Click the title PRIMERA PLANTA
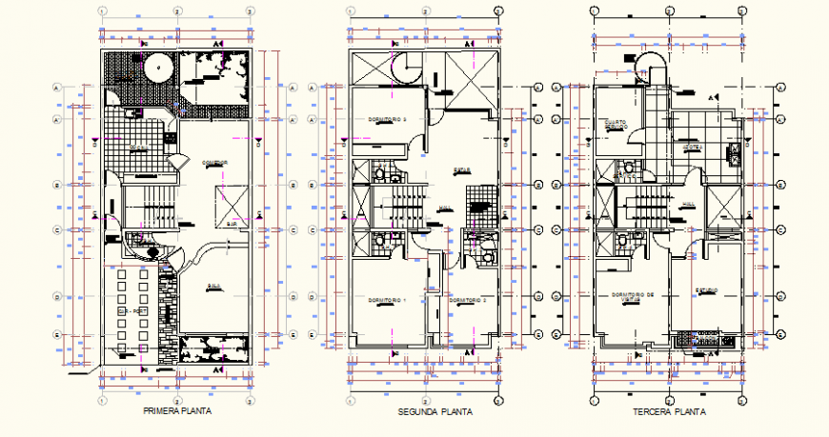(176, 412)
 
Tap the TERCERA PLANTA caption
(669, 413)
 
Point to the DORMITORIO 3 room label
(388, 120)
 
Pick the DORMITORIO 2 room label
(468, 301)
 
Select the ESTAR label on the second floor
(464, 171)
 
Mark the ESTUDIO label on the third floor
(706, 290)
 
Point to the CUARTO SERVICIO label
(615, 125)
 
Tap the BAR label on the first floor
(232, 225)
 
